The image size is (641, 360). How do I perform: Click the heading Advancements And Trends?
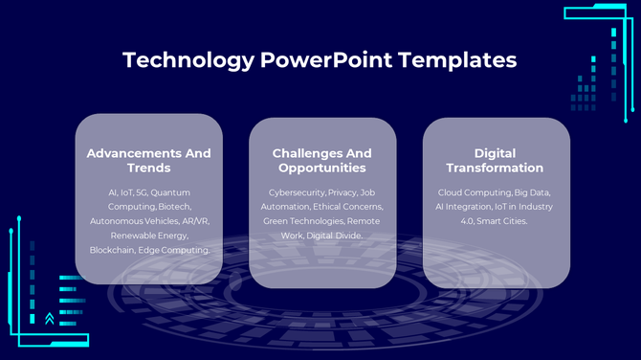point(148,161)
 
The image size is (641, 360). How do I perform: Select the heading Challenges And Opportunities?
point(322,161)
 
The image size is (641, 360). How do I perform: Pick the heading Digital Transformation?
point(496,161)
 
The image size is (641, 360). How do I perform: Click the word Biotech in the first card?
point(176,207)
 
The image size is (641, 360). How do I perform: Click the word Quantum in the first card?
point(170,192)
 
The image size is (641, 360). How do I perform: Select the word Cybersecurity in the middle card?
point(297,192)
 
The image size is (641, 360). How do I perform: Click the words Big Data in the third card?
point(533,192)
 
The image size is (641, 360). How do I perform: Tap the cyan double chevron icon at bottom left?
point(49,318)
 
